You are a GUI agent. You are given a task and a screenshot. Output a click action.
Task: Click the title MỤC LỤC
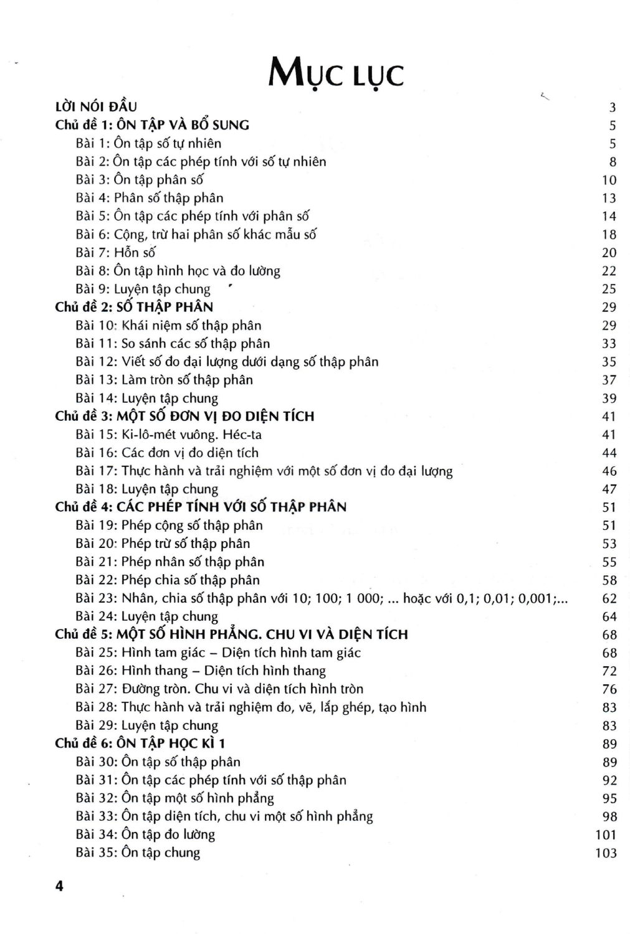pyautogui.click(x=335, y=75)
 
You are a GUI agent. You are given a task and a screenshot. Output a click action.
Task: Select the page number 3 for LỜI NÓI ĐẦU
pyautogui.click(x=613, y=107)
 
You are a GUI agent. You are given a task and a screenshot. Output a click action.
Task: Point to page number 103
pyautogui.click(x=606, y=853)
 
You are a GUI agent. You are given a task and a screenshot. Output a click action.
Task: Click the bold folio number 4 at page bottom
pyautogui.click(x=59, y=886)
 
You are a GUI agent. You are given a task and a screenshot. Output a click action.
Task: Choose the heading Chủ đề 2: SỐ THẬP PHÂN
pyautogui.click(x=134, y=307)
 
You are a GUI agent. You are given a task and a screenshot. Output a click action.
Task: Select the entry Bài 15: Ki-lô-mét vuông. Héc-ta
pyautogui.click(x=168, y=435)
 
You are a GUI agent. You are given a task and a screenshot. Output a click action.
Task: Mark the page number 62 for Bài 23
pyautogui.click(x=609, y=598)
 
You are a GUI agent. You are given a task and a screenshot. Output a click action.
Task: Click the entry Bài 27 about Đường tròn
pyautogui.click(x=219, y=689)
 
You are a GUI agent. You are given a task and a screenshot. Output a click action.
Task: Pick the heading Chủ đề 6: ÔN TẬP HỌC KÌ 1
pyautogui.click(x=140, y=743)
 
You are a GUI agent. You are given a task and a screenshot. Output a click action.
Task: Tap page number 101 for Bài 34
pyautogui.click(x=606, y=835)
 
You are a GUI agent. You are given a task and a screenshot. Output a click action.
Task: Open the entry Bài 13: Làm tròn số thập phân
pyautogui.click(x=164, y=380)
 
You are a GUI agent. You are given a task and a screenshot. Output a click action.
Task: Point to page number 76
pyautogui.click(x=609, y=689)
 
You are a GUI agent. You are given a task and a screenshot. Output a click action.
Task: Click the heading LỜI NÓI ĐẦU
pyautogui.click(x=96, y=106)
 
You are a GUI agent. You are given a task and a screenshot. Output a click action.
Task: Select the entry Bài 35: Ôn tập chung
pyautogui.click(x=138, y=852)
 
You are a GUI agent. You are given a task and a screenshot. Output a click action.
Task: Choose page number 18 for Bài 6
pyautogui.click(x=609, y=235)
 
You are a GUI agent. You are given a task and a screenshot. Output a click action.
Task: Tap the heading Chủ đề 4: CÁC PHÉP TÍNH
pyautogui.click(x=201, y=507)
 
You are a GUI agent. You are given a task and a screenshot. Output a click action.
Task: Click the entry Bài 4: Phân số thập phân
pyautogui.click(x=149, y=198)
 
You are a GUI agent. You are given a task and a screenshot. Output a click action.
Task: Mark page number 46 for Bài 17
pyautogui.click(x=609, y=471)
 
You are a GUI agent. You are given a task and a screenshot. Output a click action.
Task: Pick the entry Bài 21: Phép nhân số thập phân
pyautogui.click(x=169, y=562)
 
